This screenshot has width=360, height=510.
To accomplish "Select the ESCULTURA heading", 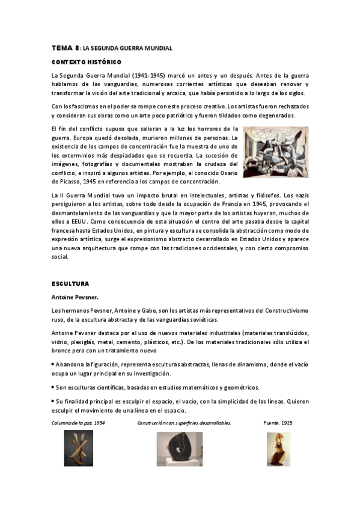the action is pos(70,283).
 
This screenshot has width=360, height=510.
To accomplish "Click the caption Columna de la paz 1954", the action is pos(79,423).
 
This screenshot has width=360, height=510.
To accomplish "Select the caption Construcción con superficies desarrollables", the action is pos(184,423).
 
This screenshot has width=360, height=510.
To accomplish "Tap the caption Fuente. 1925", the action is pos(278,423).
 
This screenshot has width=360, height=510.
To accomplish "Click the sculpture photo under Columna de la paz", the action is pos(78,449).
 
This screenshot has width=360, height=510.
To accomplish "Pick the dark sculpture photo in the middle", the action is pos(179,449).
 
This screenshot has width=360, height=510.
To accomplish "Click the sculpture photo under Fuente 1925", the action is pos(278,449).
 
